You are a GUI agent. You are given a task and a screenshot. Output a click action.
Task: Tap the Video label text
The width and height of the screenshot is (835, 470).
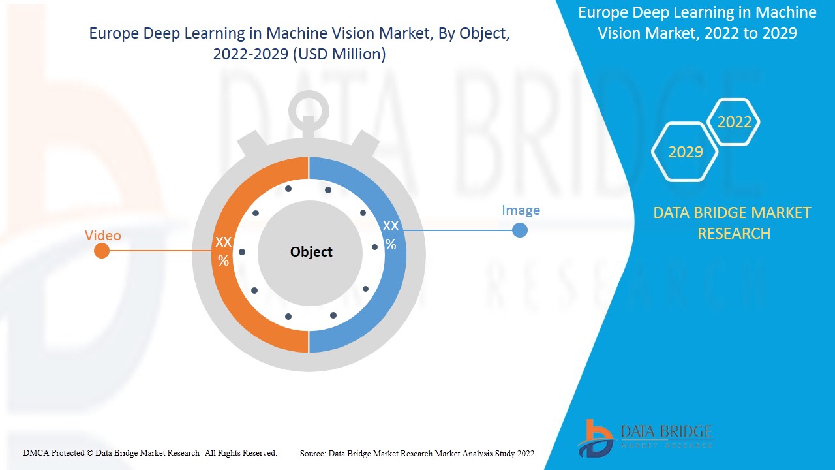103,235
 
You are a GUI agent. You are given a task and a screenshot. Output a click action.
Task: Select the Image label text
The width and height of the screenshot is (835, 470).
521,210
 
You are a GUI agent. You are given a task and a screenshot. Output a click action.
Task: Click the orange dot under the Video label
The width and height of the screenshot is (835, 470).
102,251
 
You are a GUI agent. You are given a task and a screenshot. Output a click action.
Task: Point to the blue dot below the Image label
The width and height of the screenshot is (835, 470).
520,230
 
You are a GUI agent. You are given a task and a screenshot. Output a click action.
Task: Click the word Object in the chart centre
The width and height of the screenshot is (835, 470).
311,252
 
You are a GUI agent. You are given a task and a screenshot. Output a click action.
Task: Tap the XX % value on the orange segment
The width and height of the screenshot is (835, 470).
223,251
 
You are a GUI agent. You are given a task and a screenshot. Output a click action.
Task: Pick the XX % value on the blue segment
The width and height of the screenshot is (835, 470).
390,235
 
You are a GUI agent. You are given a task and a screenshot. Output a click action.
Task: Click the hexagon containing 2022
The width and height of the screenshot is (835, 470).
734,122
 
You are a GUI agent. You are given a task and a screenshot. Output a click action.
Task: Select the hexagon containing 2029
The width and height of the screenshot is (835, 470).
686,152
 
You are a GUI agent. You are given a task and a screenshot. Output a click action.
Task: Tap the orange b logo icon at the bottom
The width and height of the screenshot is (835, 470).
595,437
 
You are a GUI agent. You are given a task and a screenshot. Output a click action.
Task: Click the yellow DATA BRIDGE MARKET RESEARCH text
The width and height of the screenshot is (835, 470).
732,223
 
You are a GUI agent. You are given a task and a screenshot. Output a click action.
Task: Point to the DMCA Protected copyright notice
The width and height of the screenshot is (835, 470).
150,452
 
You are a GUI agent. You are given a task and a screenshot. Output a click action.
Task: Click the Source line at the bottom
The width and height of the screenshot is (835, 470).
417,453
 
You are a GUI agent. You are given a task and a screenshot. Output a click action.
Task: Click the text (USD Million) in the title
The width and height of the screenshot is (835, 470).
339,55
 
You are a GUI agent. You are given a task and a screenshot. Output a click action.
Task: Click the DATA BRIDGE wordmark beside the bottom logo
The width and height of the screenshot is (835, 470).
665,431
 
